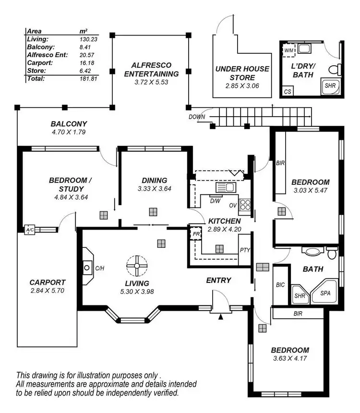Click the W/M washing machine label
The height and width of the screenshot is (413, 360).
pos(288,50)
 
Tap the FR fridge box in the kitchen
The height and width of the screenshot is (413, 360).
pos(196,234)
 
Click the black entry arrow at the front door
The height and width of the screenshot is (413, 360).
pos(220,316)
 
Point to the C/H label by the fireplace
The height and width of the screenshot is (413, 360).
pos(100,268)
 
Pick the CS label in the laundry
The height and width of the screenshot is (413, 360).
pos(288,91)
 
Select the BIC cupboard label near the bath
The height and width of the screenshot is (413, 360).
pos(281,285)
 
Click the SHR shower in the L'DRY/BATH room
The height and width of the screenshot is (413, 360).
pos(330,85)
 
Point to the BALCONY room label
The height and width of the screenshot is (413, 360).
pos(68,123)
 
